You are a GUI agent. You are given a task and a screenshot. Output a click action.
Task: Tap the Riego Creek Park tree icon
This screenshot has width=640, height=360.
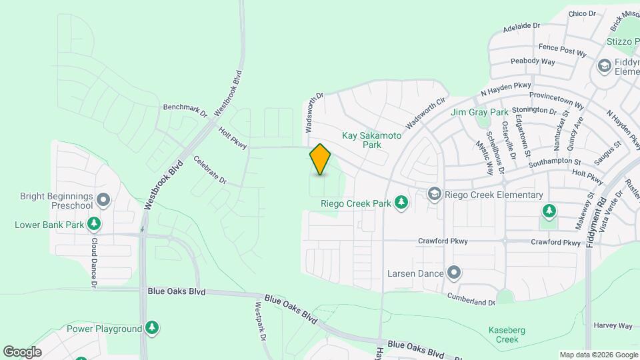click(401, 202)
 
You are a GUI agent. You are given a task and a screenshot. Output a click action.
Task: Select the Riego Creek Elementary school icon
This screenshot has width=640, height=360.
click(435, 194)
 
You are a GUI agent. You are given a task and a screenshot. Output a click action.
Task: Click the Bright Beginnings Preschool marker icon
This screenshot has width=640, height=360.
click(103, 200)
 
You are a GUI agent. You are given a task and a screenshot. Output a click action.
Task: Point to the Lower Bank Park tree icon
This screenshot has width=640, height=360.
click(95, 224)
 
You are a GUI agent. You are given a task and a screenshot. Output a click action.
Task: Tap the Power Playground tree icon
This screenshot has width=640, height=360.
click(153, 328)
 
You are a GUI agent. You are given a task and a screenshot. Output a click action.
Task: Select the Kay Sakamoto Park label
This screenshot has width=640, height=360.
click(372, 139)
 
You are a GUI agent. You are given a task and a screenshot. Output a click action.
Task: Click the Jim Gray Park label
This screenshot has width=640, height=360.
click(479, 112)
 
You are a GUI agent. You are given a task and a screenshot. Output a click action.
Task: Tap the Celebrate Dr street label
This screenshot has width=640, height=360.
click(211, 171)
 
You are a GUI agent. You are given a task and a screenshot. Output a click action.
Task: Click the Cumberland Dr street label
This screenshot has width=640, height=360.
click(471, 298)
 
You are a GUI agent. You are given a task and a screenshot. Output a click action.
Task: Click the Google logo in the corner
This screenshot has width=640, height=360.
click(22, 351)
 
